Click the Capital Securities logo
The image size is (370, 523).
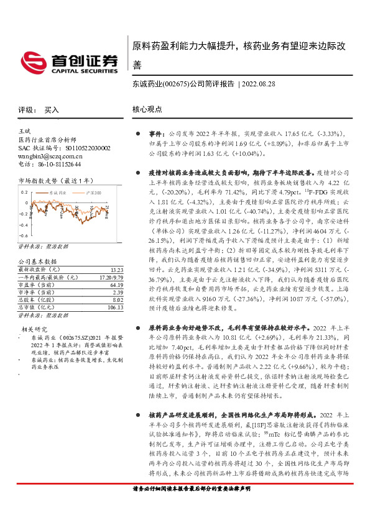[x=69, y=61]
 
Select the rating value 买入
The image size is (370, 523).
[x=52, y=109]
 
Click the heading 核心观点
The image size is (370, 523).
[x=147, y=109]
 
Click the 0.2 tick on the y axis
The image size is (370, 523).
[x=24, y=192]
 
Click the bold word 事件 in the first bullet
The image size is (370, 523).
[x=155, y=133]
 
